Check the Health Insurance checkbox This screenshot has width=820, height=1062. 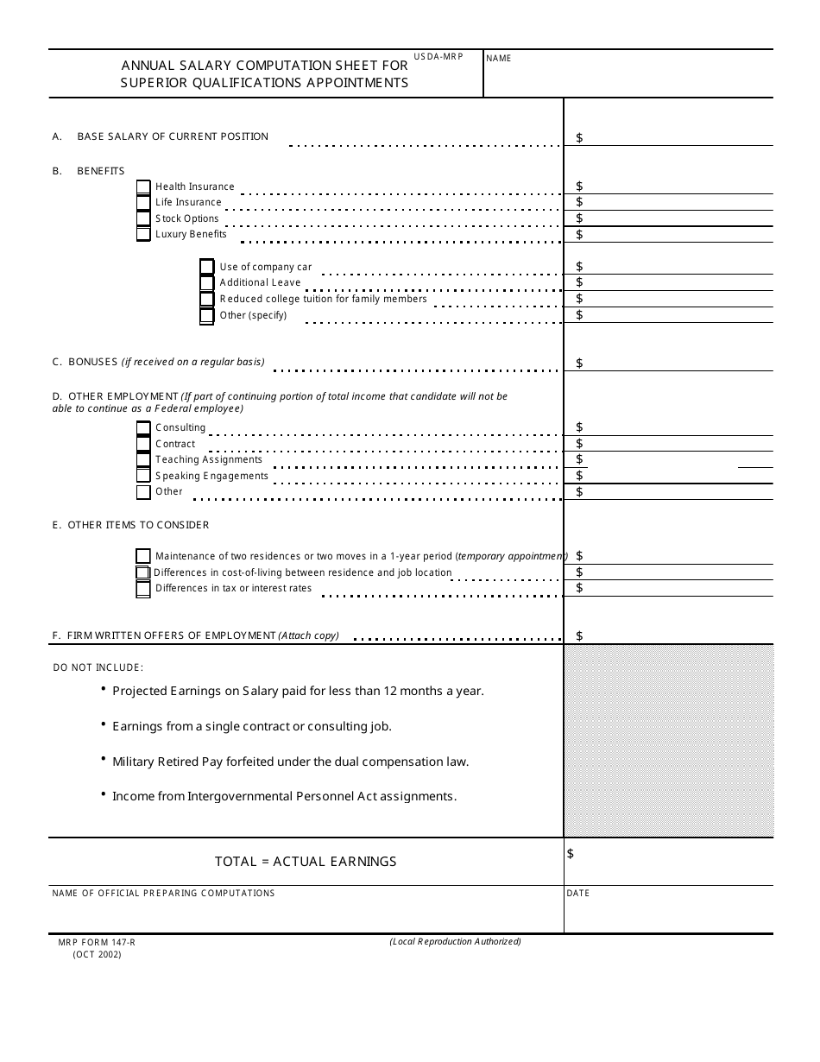[143, 186]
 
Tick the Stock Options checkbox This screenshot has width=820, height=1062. [143, 218]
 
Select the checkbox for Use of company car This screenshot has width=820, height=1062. [207, 267]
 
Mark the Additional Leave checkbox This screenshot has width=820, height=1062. [207, 282]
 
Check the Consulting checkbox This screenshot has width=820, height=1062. [143, 427]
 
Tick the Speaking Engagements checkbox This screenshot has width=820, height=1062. [143, 476]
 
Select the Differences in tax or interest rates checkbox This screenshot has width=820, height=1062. [143, 589]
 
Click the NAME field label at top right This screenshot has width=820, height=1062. [499, 59]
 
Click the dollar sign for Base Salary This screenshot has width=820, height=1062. [579, 137]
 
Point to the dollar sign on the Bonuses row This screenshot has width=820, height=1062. [579, 363]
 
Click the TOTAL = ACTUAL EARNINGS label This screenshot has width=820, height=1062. [306, 862]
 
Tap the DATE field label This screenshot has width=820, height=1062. [578, 893]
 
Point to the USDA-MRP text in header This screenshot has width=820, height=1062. [438, 56]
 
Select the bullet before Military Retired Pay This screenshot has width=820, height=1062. [104, 759]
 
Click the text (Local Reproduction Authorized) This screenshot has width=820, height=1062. [455, 941]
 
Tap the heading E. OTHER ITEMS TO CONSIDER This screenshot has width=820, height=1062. [130, 525]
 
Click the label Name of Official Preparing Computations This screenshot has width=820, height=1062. [163, 893]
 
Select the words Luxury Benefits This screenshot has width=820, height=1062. [191, 234]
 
